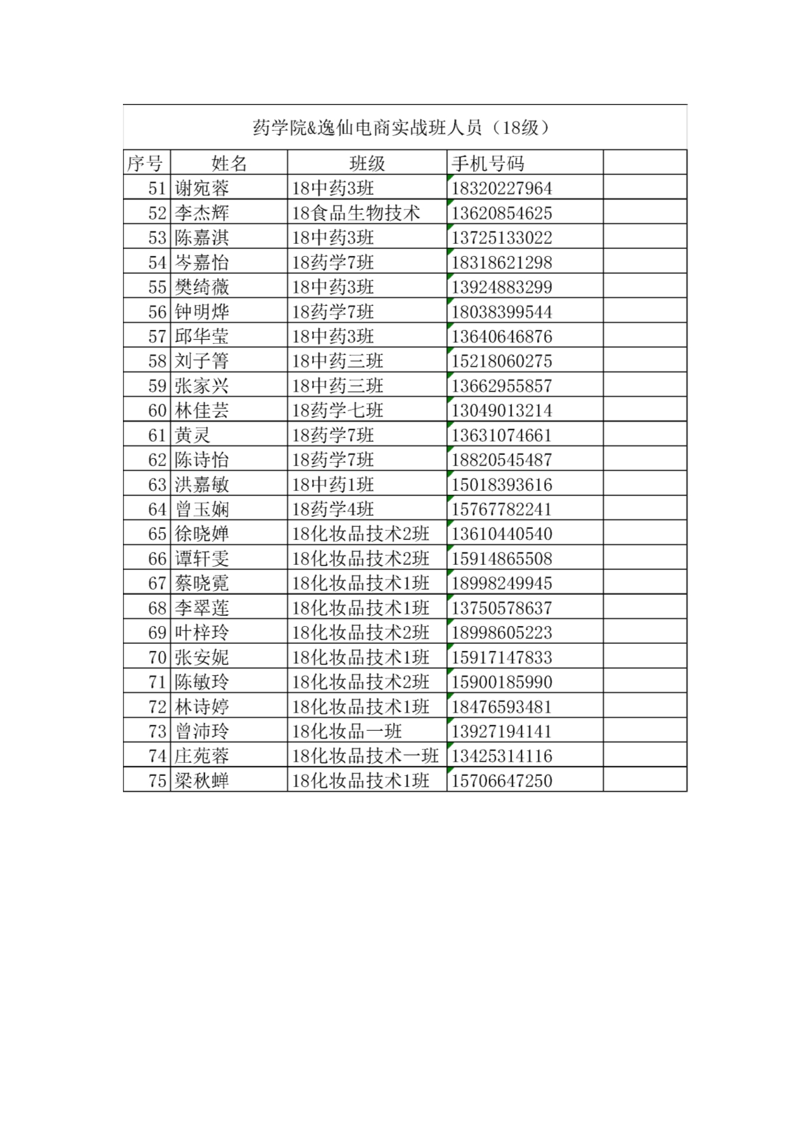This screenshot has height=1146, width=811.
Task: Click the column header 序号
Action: coord(145,163)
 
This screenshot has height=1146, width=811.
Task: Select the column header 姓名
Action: coord(229,163)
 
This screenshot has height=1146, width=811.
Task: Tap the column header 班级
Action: coord(367,163)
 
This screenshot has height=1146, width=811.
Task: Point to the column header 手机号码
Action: coord(488,163)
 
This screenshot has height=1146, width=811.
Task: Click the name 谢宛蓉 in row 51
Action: coord(201,188)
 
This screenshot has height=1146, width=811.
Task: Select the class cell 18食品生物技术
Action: coord(356,213)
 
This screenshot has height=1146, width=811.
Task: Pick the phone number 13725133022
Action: coord(502,238)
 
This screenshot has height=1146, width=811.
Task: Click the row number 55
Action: coord(157,287)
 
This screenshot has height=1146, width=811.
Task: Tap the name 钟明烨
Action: coord(201,312)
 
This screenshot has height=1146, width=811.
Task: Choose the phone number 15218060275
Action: coord(502,361)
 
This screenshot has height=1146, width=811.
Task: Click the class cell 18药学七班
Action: coord(337,411)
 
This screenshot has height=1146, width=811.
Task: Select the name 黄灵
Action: coord(192,435)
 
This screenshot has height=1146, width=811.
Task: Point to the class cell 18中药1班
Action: coord(333,484)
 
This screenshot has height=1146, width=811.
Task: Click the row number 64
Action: coord(157,509)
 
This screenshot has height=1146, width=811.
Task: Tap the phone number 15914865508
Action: coord(502,559)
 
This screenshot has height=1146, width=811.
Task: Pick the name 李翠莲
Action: coord(201,608)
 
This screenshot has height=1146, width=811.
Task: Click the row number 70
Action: coord(157,658)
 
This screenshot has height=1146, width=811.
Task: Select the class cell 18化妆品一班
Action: coord(347,732)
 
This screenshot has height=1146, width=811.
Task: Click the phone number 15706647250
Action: coord(502,781)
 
